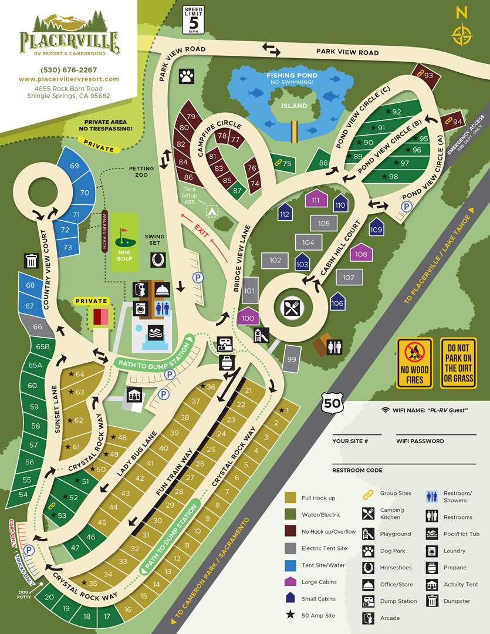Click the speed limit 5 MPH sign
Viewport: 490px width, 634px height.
(194, 20)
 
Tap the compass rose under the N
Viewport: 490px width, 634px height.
(461, 34)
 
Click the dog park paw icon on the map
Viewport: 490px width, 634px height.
(187, 75)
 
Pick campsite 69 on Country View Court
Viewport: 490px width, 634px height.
(74, 166)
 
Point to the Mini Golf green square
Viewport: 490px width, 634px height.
(129, 242)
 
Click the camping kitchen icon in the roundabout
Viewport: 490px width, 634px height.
(291, 308)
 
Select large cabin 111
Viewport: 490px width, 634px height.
(316, 200)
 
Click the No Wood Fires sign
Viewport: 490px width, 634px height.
(415, 363)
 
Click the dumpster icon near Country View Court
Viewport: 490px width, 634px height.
(31, 261)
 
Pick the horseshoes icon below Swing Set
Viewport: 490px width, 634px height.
(157, 258)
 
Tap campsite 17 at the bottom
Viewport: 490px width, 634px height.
(107, 616)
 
